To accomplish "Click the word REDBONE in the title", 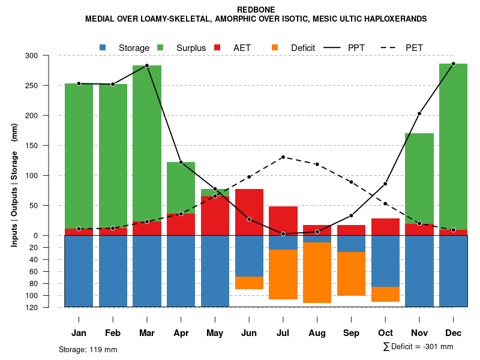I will point(256,10).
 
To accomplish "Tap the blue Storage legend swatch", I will point(103,47).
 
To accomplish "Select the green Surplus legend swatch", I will point(161,47).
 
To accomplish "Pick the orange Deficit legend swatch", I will point(275,47).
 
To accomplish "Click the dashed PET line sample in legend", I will point(389,47).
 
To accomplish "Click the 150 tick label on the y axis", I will point(47,146).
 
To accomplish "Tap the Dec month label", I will point(453,333).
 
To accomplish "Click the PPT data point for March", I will point(147,65).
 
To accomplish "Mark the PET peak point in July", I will point(283,157).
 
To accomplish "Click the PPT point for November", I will point(419,113).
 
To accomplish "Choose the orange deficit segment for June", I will point(249,283).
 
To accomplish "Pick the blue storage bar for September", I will point(351,243).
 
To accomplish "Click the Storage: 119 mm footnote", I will point(88,349).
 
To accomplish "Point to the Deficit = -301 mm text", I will point(422,347).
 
